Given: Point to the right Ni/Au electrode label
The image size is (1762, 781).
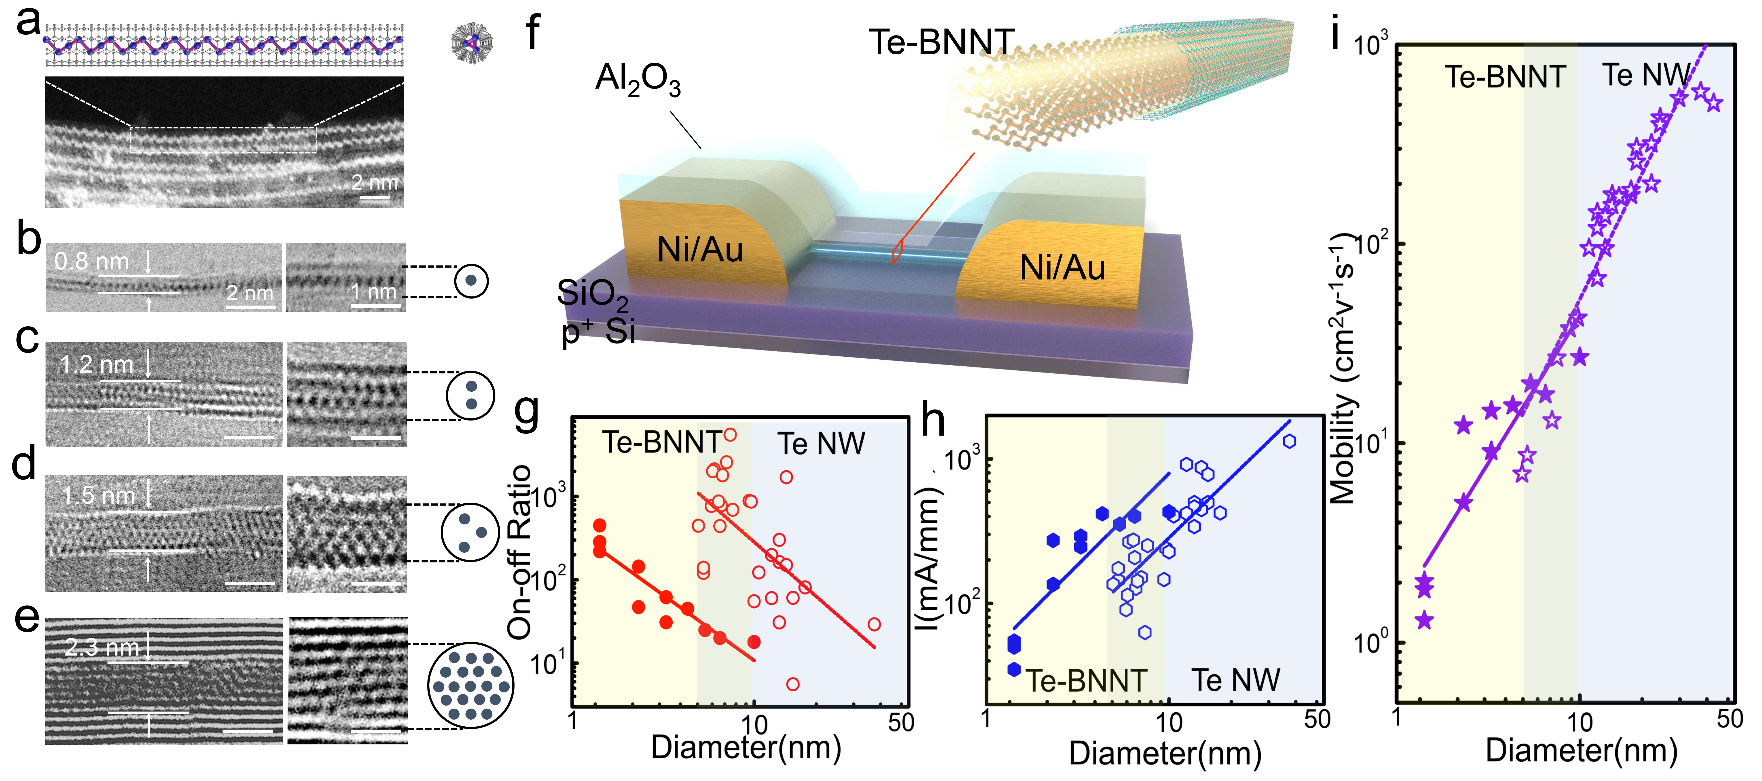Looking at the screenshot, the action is click(1062, 267).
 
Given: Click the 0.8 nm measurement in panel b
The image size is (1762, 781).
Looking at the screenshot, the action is click(92, 261).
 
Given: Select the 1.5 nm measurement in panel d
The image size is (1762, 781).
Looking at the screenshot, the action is click(99, 495).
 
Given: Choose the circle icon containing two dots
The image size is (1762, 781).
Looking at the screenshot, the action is click(471, 395).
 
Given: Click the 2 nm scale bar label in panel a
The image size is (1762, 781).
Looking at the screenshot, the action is click(374, 183).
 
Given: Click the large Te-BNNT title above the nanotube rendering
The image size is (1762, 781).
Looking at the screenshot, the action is click(941, 42).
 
